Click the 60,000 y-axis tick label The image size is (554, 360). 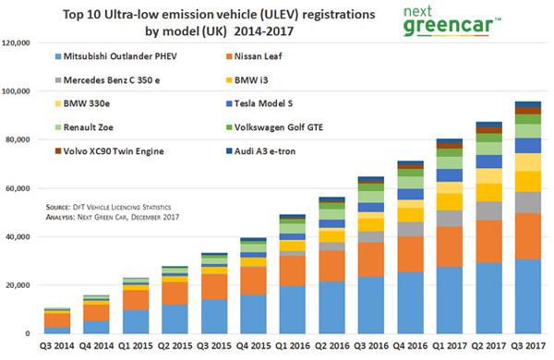tap(19, 188)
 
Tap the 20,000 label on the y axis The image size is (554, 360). tap(19, 285)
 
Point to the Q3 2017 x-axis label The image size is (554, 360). tap(527, 347)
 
